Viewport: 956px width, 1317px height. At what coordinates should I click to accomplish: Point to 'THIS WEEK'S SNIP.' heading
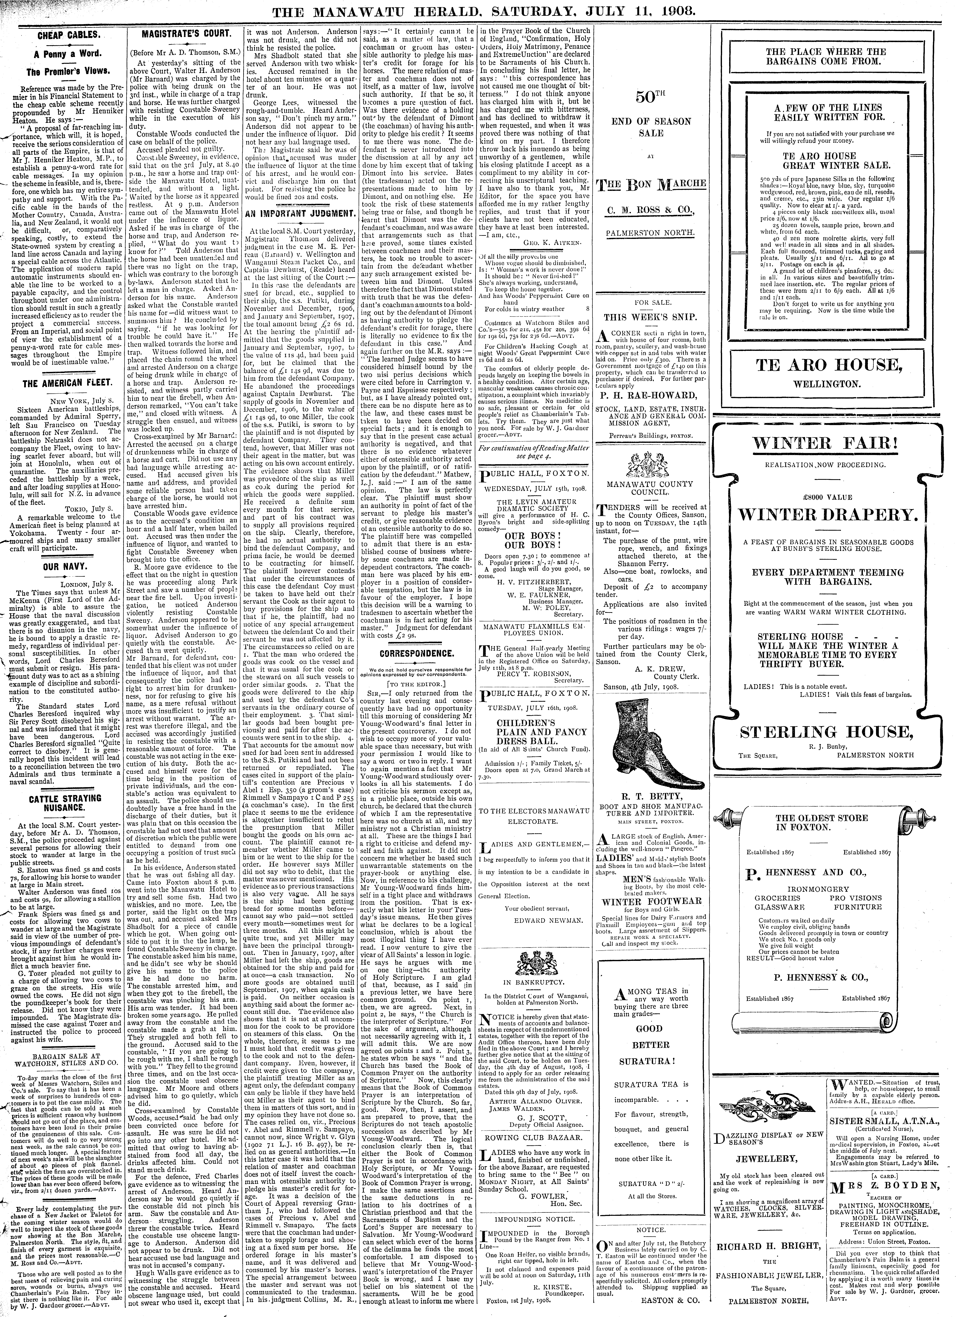[x=650, y=317]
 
